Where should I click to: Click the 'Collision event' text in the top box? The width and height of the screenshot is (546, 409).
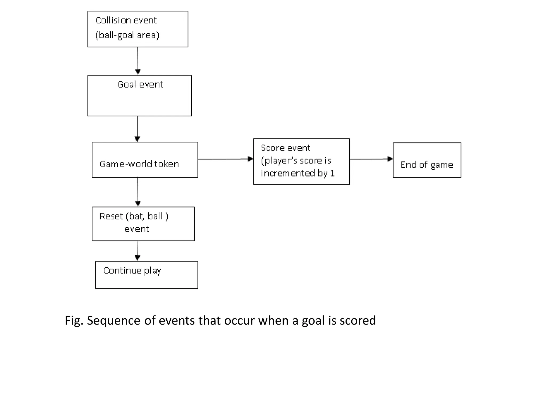click(x=126, y=21)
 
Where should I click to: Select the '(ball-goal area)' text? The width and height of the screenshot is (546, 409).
click(x=127, y=35)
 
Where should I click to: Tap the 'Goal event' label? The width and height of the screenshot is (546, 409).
click(x=140, y=84)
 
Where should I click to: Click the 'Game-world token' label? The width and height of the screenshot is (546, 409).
click(x=139, y=164)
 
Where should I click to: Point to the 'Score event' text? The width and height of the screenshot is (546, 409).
click(x=286, y=148)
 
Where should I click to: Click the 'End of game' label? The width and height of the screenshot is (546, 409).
click(x=427, y=165)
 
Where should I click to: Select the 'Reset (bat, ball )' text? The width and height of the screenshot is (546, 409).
click(x=134, y=216)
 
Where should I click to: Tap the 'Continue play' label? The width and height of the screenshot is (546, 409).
click(x=132, y=271)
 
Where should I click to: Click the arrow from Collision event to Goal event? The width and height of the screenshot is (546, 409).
click(x=138, y=61)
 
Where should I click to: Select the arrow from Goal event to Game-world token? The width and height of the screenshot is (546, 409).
click(x=137, y=129)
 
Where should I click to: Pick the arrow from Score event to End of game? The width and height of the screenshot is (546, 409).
click(x=371, y=159)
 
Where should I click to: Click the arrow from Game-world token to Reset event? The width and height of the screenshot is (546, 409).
click(x=138, y=192)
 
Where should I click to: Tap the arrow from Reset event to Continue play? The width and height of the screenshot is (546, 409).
click(x=138, y=251)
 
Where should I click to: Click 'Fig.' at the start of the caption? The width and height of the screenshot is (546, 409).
click(x=74, y=320)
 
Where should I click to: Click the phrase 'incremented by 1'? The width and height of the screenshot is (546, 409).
click(x=298, y=173)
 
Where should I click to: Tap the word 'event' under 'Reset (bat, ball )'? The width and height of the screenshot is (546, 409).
click(x=136, y=229)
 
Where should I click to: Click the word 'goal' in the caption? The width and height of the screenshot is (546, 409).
click(x=313, y=320)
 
